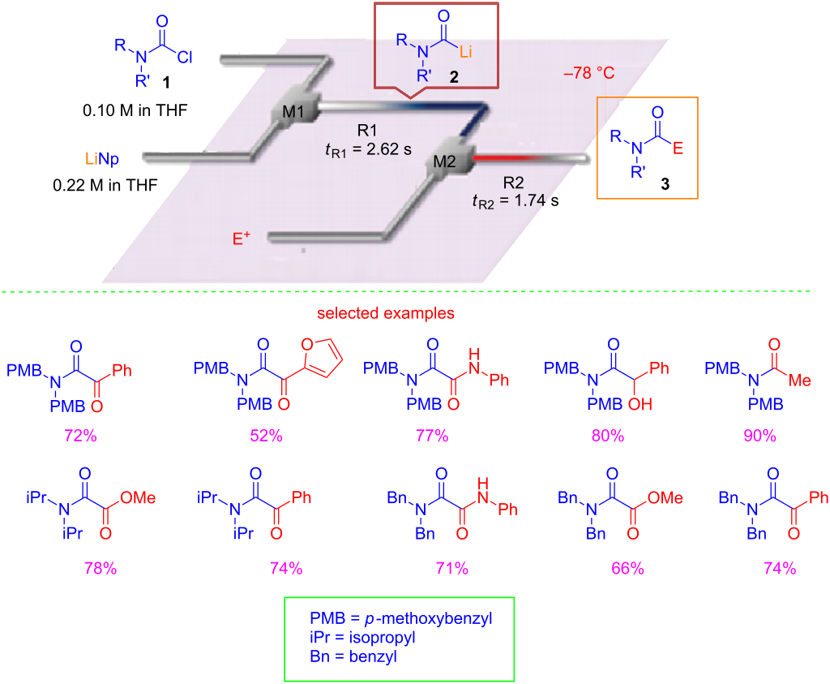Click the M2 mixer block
coord(445,161)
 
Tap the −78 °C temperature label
coord(590,73)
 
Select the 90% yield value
coord(760,436)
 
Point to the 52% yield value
coord(266,436)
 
